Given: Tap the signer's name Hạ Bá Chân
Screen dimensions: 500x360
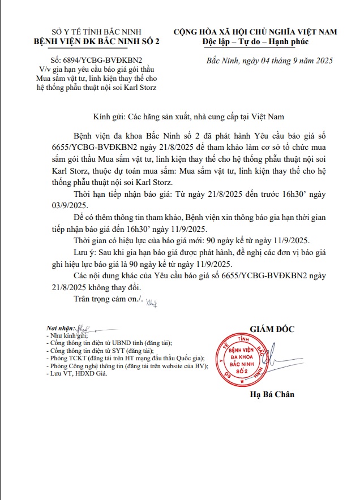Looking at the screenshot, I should pyautogui.click(x=272, y=394).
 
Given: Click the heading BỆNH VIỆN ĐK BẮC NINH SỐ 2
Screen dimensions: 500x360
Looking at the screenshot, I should pyautogui.click(x=97, y=41).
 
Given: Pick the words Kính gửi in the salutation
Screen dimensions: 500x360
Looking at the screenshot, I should pyautogui.click(x=109, y=117).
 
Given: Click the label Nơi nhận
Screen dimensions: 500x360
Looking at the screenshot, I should pyautogui.click(x=62, y=329).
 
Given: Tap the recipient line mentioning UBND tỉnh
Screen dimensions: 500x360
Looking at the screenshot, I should pyautogui.click(x=110, y=343).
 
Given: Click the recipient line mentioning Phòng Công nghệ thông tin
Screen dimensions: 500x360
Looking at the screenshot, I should pyautogui.click(x=128, y=366).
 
